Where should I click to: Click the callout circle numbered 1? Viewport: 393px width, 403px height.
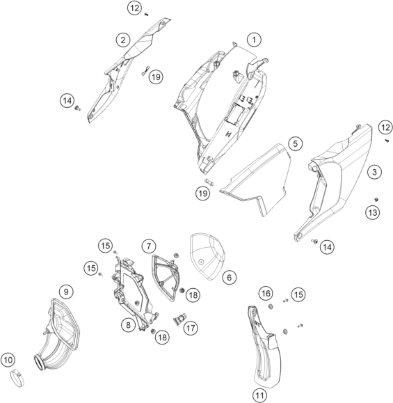click(x=254, y=40)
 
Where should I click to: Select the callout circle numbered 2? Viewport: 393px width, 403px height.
click(x=123, y=40)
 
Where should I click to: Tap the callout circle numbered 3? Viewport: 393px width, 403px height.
click(x=374, y=172)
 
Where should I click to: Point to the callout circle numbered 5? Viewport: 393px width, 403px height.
click(x=295, y=143)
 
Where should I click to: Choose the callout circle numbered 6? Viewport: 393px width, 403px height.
click(x=229, y=277)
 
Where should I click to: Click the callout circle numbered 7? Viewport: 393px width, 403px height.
click(x=149, y=246)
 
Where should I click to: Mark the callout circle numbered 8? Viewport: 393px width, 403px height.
click(x=128, y=325)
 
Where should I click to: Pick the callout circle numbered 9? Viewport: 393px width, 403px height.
click(x=66, y=292)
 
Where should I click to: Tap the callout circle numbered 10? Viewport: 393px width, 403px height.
click(x=8, y=360)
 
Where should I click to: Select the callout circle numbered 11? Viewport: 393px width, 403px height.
click(x=259, y=395)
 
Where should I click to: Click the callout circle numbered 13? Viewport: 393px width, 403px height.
click(x=372, y=212)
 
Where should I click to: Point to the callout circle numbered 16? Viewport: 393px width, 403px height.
click(x=266, y=293)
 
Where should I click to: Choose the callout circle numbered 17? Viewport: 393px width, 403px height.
click(x=191, y=329)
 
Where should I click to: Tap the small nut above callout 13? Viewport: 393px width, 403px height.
click(x=376, y=200)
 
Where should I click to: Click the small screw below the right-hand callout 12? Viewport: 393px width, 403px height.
click(x=387, y=141)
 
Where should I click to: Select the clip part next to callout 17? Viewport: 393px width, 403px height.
click(x=179, y=320)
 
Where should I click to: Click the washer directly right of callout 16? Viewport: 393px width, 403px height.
click(x=271, y=306)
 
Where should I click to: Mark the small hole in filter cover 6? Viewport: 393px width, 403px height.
click(x=201, y=262)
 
